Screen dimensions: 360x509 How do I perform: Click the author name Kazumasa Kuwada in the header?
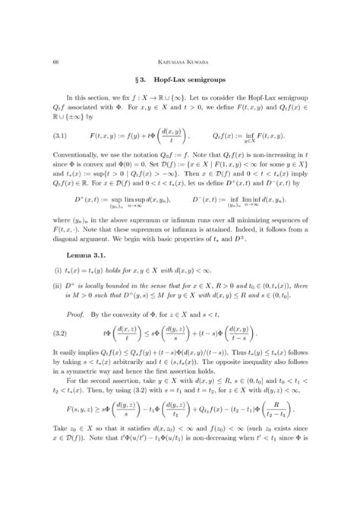pyautogui.click(x=179, y=40)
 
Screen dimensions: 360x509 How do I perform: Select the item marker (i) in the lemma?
pyautogui.click(x=57, y=287)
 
